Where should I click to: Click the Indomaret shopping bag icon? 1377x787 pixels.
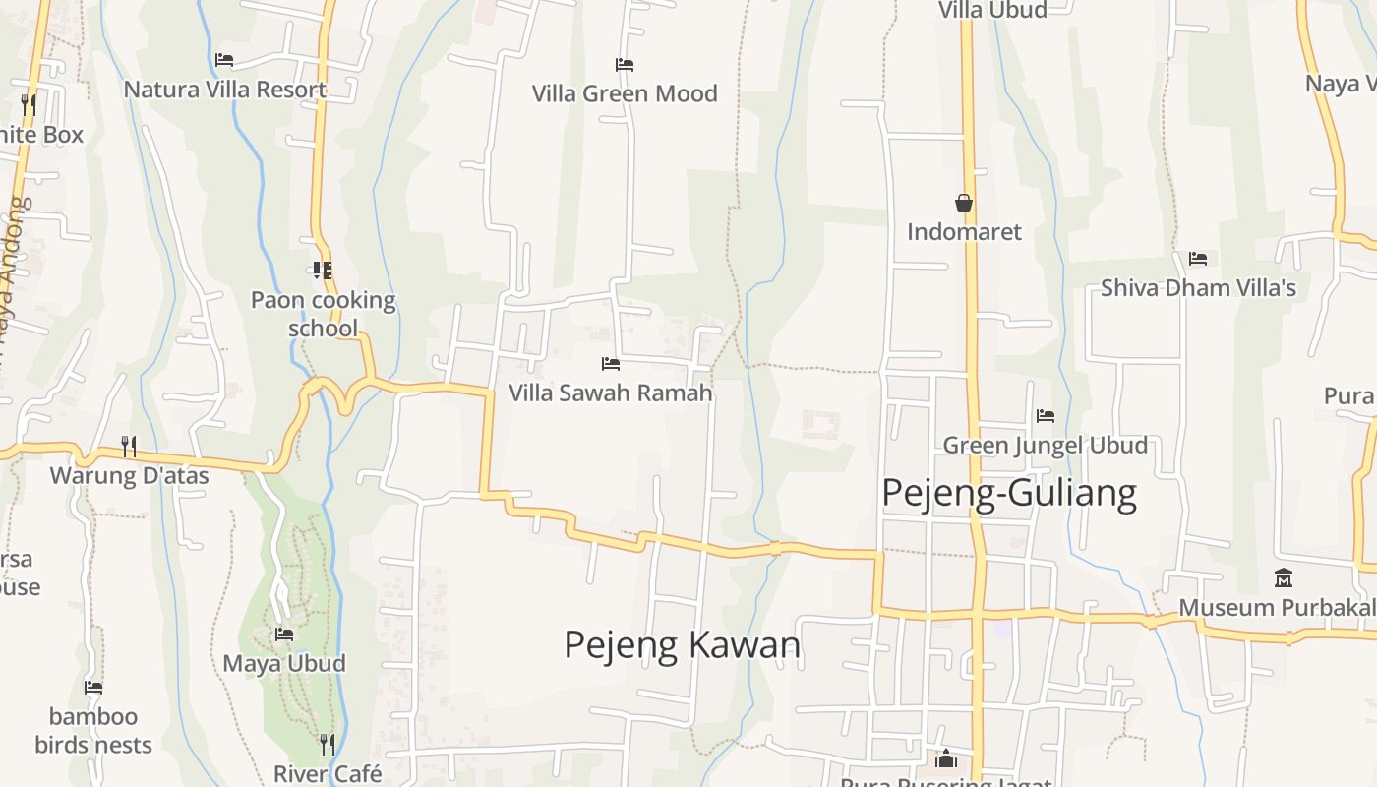click(x=964, y=203)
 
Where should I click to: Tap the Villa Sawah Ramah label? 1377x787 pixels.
click(x=610, y=393)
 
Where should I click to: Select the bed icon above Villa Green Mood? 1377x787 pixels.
click(x=625, y=65)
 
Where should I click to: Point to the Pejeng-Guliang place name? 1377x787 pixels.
click(x=1009, y=492)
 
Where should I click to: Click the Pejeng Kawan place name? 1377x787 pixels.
click(x=682, y=645)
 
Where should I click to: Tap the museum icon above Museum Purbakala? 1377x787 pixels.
click(x=1284, y=577)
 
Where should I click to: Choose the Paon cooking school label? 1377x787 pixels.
click(x=323, y=313)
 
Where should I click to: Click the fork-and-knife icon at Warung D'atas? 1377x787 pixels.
click(x=129, y=446)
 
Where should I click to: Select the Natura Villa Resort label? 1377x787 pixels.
click(x=224, y=90)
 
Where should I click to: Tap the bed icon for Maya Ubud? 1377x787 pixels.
click(x=284, y=634)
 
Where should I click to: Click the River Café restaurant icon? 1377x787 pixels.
click(x=328, y=744)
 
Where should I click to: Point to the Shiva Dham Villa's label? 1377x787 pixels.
click(x=1198, y=288)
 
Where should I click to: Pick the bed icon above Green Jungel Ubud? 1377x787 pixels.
click(x=1046, y=416)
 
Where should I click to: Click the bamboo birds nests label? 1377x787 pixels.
click(x=93, y=730)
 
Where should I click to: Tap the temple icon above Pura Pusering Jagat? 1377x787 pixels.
click(x=946, y=758)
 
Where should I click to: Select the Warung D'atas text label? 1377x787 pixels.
click(x=129, y=476)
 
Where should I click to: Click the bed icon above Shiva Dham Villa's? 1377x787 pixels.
click(x=1198, y=258)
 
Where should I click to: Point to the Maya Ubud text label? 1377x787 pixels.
click(x=284, y=663)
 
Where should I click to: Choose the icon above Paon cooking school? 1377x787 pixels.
click(x=322, y=270)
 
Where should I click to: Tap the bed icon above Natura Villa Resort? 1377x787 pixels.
click(x=224, y=59)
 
